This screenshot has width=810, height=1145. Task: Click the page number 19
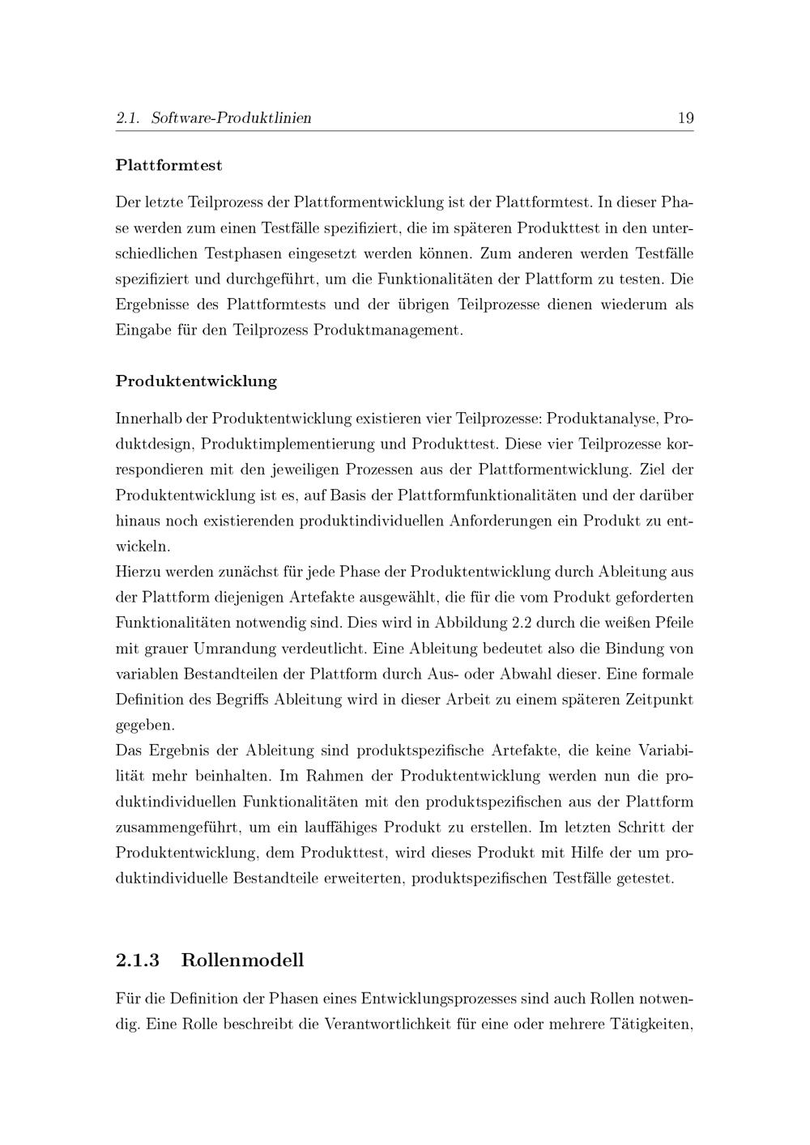click(685, 118)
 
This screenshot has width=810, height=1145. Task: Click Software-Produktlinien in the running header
click(231, 118)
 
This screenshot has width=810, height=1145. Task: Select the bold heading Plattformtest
click(168, 165)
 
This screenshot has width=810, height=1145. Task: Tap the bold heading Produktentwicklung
click(196, 381)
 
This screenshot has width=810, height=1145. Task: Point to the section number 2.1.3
click(138, 960)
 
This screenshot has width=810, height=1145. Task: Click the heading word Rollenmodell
click(242, 960)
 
